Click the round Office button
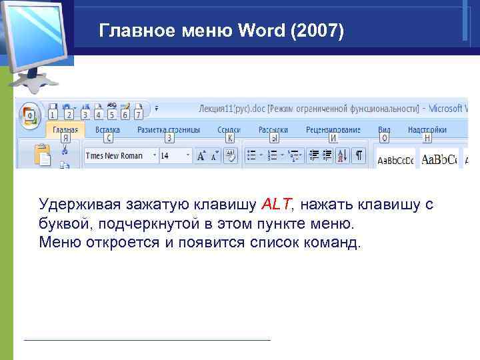tap(29, 116)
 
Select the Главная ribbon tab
tap(65, 130)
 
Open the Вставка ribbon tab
tap(107, 130)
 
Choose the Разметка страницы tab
tap(169, 130)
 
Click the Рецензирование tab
tap(333, 130)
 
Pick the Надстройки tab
tap(427, 130)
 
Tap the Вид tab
tap(384, 130)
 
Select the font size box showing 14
tap(171, 155)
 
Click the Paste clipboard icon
tap(43, 155)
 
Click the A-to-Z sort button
tap(342, 155)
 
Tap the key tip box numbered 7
tap(139, 115)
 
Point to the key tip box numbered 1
tap(52, 115)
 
